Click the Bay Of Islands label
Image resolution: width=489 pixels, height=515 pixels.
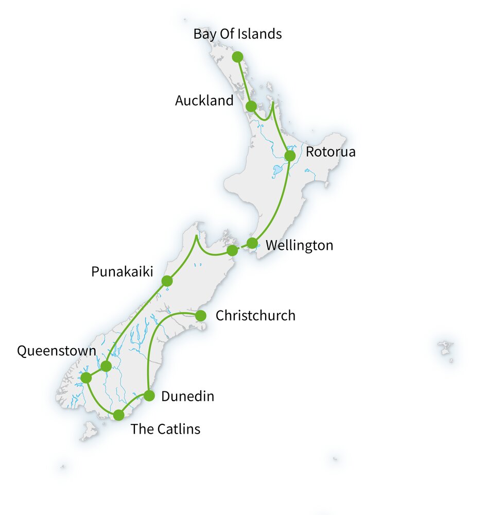pos(237,34)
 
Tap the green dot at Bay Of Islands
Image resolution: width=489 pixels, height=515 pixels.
pos(237,57)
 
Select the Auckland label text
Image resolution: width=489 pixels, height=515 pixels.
pos(204,100)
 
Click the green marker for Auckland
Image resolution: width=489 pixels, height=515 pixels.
pos(251,107)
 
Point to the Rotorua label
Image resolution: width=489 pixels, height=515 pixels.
pos(330,152)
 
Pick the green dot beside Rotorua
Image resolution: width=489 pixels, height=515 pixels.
pos(290,156)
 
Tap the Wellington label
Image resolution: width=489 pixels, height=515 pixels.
pos(299,246)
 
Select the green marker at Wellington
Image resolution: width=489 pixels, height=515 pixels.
pos(252,243)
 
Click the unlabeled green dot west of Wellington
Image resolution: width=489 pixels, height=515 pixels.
pos(232,250)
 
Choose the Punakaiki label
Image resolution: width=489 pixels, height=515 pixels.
pos(122,271)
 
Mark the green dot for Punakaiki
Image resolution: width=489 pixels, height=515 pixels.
pos(167,281)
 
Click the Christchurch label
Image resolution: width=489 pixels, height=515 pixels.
pos(255,315)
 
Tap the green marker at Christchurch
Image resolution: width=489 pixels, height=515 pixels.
pos(201,315)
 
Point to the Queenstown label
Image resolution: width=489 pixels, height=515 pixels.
pos(57,351)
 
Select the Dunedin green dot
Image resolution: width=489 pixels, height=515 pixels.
pos(149,396)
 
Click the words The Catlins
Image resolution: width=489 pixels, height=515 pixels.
pos(165,429)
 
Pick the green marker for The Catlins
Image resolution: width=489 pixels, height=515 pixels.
pos(119,415)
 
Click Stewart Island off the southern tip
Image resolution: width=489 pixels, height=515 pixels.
pos(89,431)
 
